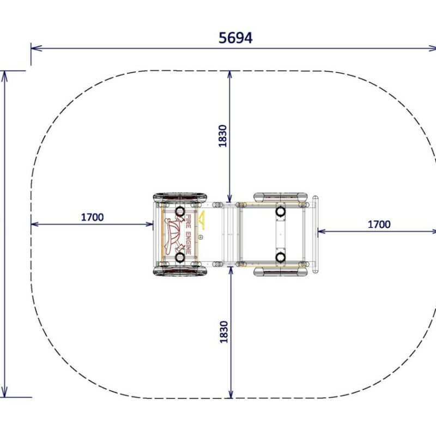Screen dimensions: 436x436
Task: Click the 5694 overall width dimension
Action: pos(235,38)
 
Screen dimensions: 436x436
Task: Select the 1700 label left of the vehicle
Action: pos(92,217)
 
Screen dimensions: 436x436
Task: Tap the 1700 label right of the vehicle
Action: pos(379,225)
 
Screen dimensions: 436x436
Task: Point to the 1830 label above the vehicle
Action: pos(222,136)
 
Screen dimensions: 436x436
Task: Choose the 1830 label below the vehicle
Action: pos(223,332)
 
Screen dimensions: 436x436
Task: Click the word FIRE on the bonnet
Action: pos(188,221)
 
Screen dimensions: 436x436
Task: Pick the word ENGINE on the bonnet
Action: pos(188,243)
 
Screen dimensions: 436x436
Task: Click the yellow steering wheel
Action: pos(202,220)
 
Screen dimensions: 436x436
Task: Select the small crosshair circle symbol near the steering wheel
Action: pos(201,237)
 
